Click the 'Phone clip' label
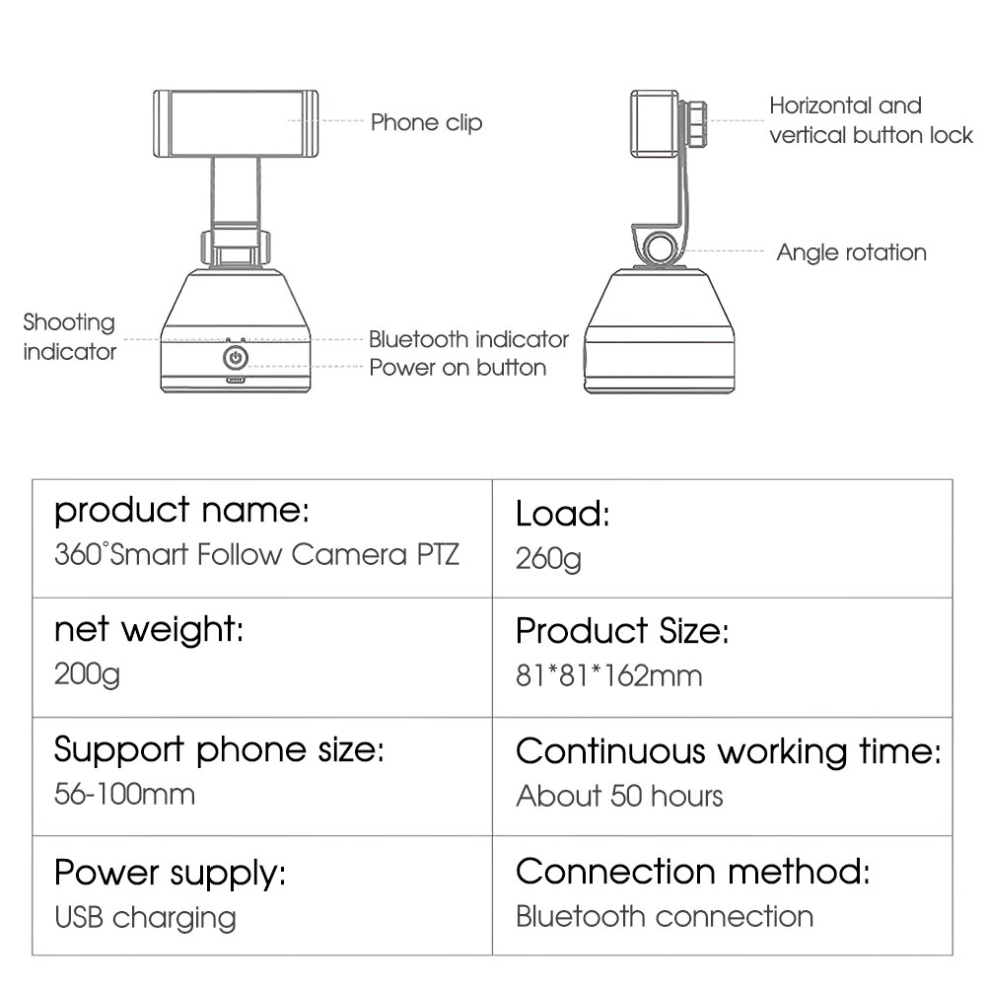point(426,122)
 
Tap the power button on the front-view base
point(236,356)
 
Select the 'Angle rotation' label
point(851,252)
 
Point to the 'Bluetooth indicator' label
point(468,339)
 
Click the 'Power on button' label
point(458,368)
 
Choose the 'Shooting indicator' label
point(69,336)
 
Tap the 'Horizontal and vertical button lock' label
point(871,120)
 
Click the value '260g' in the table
point(548,559)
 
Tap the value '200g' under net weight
point(87,675)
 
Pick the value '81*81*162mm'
point(608,675)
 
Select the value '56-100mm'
point(124,795)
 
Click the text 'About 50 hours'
point(619,796)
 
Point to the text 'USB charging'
point(145,917)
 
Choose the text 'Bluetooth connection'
point(665,916)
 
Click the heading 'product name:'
point(181,511)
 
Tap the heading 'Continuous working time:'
point(728,751)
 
